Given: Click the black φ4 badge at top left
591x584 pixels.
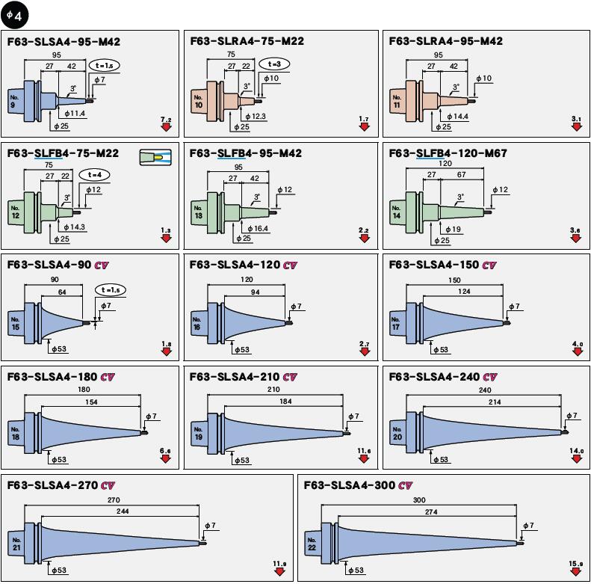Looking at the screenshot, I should (15, 15).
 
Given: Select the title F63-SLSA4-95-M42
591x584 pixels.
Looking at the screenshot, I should (64, 42).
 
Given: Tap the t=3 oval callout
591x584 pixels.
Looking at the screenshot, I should (274, 65).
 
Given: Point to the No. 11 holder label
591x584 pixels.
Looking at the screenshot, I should (398, 101).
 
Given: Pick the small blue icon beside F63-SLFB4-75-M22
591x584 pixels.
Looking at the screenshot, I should (155, 157).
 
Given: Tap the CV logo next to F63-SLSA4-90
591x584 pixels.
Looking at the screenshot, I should (103, 265).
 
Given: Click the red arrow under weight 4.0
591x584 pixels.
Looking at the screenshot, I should (576, 351).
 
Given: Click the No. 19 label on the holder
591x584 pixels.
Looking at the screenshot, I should (198, 433).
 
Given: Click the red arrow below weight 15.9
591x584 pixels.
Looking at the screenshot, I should (576, 571).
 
